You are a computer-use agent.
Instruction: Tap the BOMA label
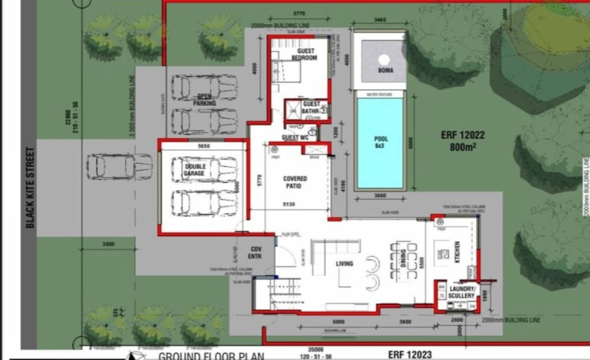[385, 71]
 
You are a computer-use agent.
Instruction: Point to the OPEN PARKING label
[204, 100]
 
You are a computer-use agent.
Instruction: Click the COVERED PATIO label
[295, 182]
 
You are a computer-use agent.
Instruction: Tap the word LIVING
[344, 264]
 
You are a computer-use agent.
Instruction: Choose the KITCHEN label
[457, 253]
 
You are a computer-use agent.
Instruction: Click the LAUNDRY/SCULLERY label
[461, 292]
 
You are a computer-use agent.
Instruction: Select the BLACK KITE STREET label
[30, 188]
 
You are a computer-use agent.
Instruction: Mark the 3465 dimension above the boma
[379, 20]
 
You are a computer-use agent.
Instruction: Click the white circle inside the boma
[384, 60]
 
